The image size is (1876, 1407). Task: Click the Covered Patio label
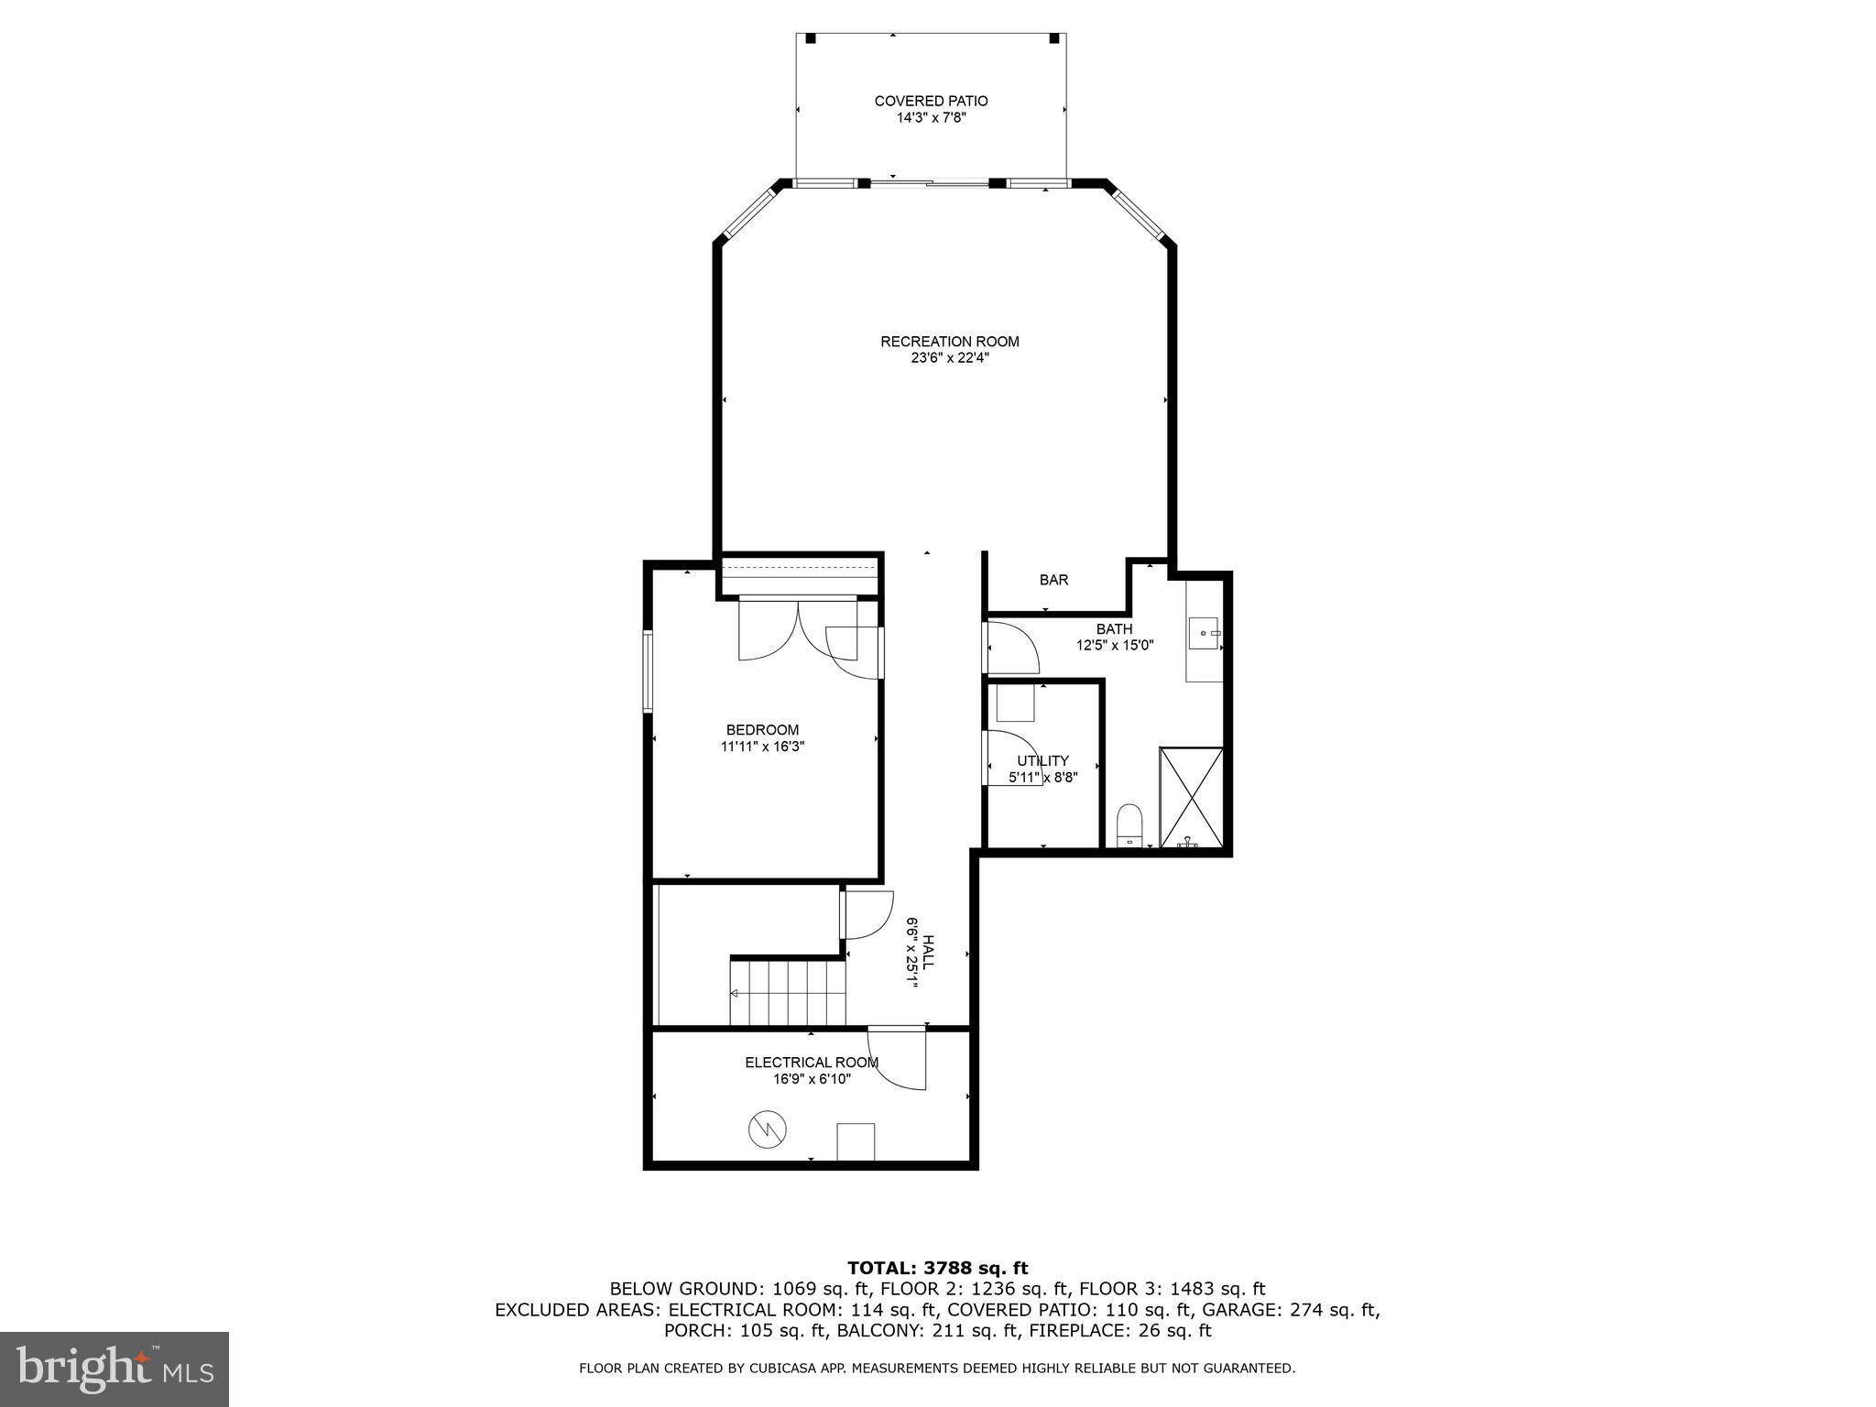931,101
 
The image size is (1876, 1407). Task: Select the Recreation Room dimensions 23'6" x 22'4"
950,358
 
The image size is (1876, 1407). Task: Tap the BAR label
1053,580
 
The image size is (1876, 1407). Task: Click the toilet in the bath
1130,824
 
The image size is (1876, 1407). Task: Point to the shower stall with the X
1191,797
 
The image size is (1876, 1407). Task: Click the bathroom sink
1203,633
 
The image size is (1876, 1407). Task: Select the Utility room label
1042,760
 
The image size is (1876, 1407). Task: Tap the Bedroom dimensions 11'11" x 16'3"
762,747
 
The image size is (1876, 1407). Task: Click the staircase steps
787,991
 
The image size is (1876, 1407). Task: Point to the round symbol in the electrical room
768,1130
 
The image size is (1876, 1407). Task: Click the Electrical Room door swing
898,1059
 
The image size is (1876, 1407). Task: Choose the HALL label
929,953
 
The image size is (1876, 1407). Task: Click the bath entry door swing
1011,649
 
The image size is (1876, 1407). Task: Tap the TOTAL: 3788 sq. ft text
937,1268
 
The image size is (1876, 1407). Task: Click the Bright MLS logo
115,1369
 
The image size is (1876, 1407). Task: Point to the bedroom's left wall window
647,671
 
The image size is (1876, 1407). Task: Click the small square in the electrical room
856,1141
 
